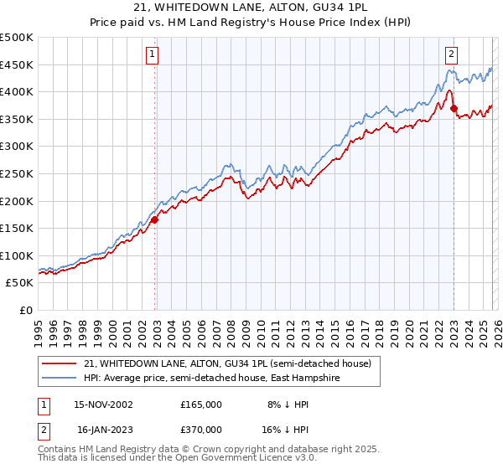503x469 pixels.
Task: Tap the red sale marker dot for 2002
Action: (x=155, y=220)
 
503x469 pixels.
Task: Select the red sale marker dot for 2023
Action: (x=454, y=108)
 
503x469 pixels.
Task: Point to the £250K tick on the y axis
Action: (x=17, y=173)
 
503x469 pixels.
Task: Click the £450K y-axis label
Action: (x=17, y=64)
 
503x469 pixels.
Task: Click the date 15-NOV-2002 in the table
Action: (x=103, y=404)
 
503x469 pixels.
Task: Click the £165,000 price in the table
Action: (x=201, y=404)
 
